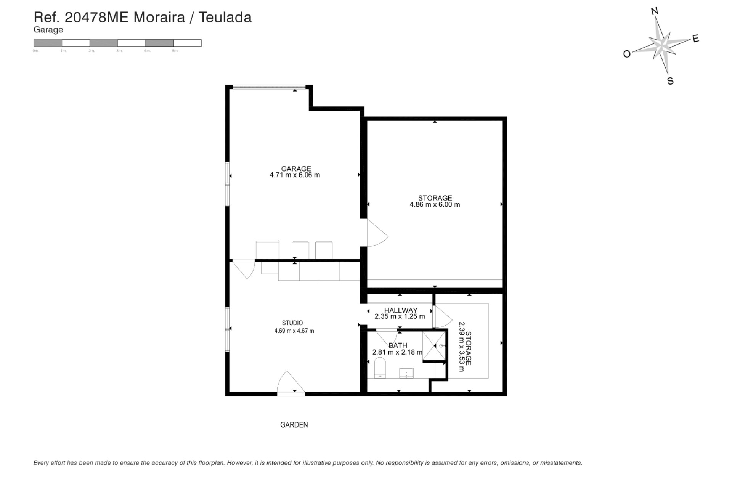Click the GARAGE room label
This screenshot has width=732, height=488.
coord(296,169)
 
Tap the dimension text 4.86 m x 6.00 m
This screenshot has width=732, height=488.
coord(435,205)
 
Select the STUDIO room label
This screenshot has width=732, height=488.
coord(292,323)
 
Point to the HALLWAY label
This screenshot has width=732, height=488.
coord(400,310)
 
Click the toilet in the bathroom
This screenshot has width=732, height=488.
coord(380,368)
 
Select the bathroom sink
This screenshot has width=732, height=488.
coord(406,373)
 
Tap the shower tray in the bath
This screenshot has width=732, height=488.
coord(434,345)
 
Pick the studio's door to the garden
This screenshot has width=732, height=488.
coord(291,383)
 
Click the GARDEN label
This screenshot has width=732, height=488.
coord(294,425)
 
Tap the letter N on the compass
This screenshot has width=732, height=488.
coord(655,11)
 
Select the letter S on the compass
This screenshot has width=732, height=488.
coord(670,81)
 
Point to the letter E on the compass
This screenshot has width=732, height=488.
coord(696,39)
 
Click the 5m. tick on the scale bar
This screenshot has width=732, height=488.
coord(175,51)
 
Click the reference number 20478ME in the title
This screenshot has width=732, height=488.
coord(97,18)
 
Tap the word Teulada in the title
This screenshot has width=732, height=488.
coord(225,18)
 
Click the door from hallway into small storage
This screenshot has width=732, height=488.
coord(442,316)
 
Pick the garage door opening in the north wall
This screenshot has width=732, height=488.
coord(269,87)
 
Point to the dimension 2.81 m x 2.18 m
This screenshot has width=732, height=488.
coord(397,352)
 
